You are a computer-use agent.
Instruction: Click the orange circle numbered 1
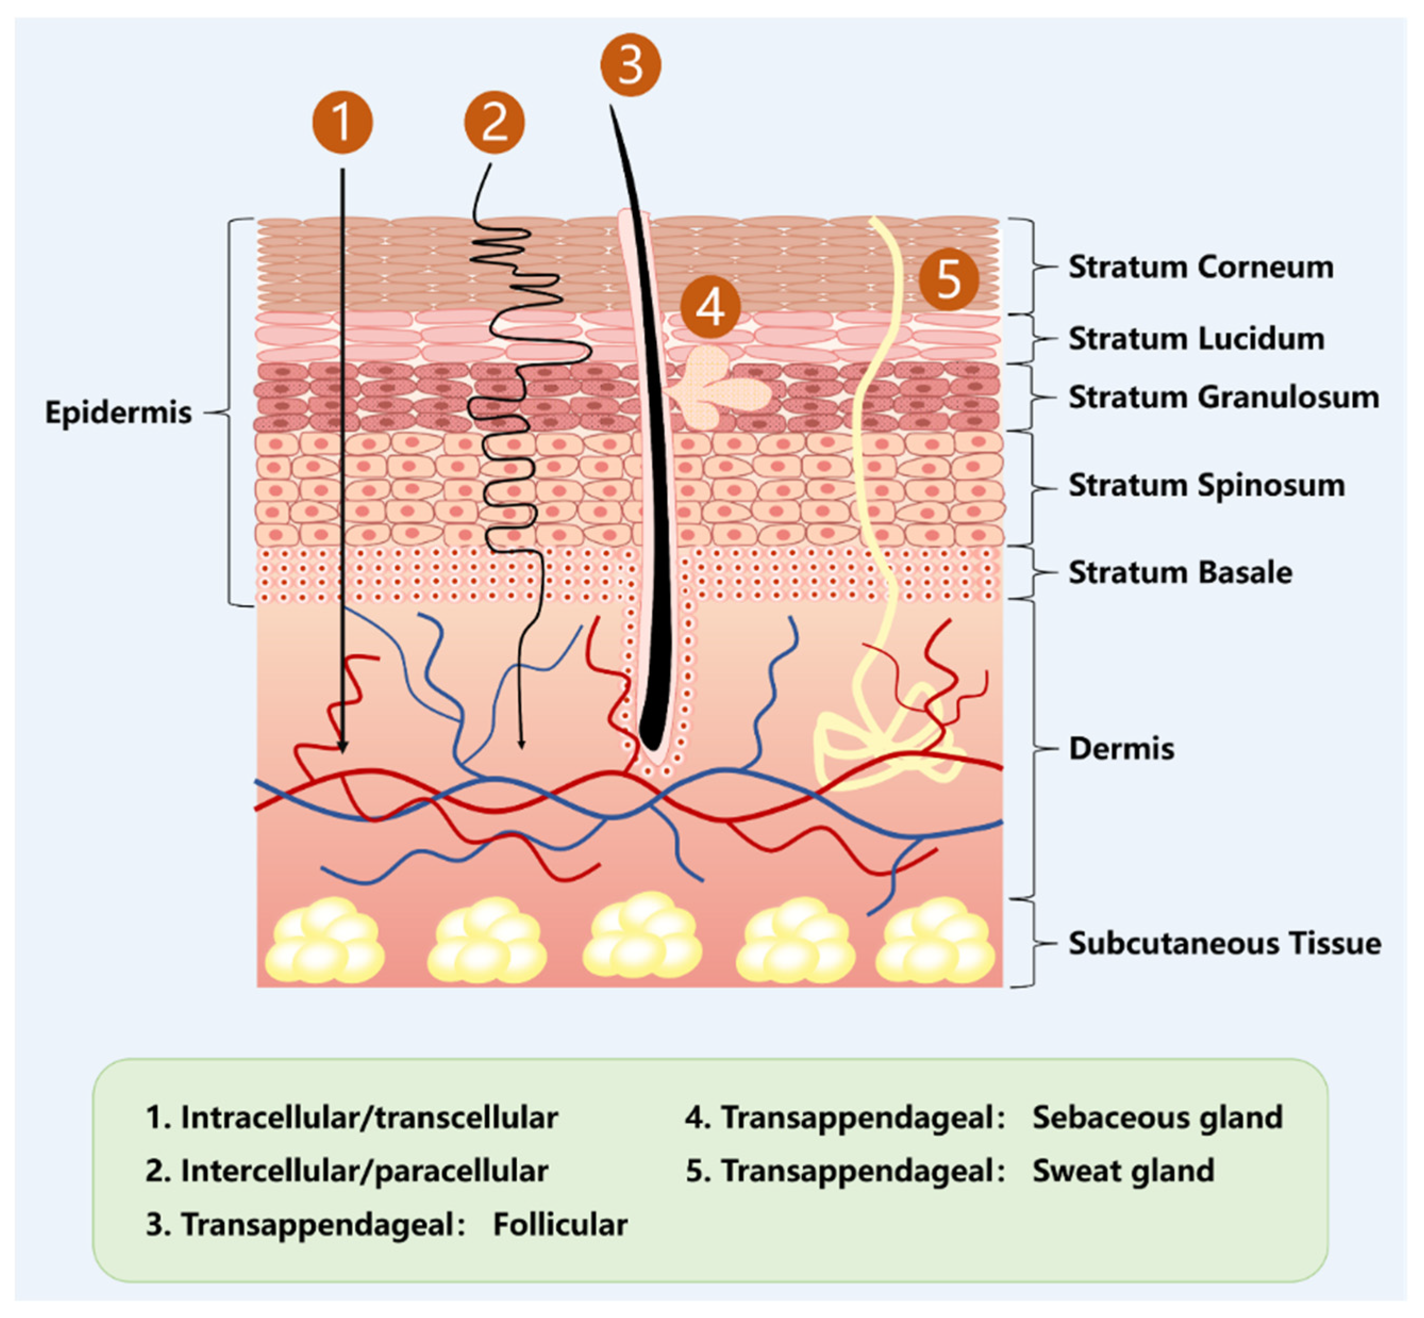point(342,122)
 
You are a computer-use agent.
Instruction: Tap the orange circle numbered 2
point(494,122)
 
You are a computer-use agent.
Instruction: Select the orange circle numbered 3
point(630,65)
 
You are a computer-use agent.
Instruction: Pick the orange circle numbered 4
point(710,307)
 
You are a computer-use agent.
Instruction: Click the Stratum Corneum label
point(1200,268)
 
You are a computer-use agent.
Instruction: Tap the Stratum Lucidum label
point(1196,339)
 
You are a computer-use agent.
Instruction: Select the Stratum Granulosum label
point(1223,397)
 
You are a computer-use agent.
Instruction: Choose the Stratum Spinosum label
point(1206,485)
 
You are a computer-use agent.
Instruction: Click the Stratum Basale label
point(1179,572)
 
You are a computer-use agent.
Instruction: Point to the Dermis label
point(1121,749)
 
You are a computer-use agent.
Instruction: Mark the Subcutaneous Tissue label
point(1224,943)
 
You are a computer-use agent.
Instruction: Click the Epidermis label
point(119,412)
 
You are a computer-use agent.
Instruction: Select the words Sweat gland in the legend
point(1123,1170)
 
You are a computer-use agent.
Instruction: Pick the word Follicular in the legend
point(560,1224)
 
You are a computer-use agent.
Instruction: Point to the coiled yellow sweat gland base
point(884,742)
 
